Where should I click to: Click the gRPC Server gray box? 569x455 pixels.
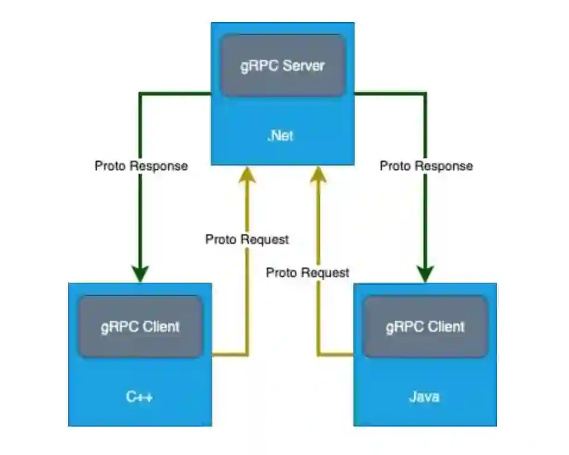283,65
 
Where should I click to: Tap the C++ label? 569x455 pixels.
140,396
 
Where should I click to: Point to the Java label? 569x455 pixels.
425,396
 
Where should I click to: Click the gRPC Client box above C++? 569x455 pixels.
140,326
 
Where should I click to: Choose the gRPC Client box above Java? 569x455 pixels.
425,326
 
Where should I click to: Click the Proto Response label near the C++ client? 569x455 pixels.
141,166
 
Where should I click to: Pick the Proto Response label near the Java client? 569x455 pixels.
426,166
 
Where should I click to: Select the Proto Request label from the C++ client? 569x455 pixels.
246,239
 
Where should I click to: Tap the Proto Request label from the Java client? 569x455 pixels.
307,272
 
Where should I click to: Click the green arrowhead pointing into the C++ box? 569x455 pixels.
140,274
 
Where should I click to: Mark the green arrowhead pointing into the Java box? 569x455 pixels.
425,274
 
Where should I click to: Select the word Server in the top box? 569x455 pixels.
304,65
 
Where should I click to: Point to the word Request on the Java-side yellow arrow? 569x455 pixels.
325,272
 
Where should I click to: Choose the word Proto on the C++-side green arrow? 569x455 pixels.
109,166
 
